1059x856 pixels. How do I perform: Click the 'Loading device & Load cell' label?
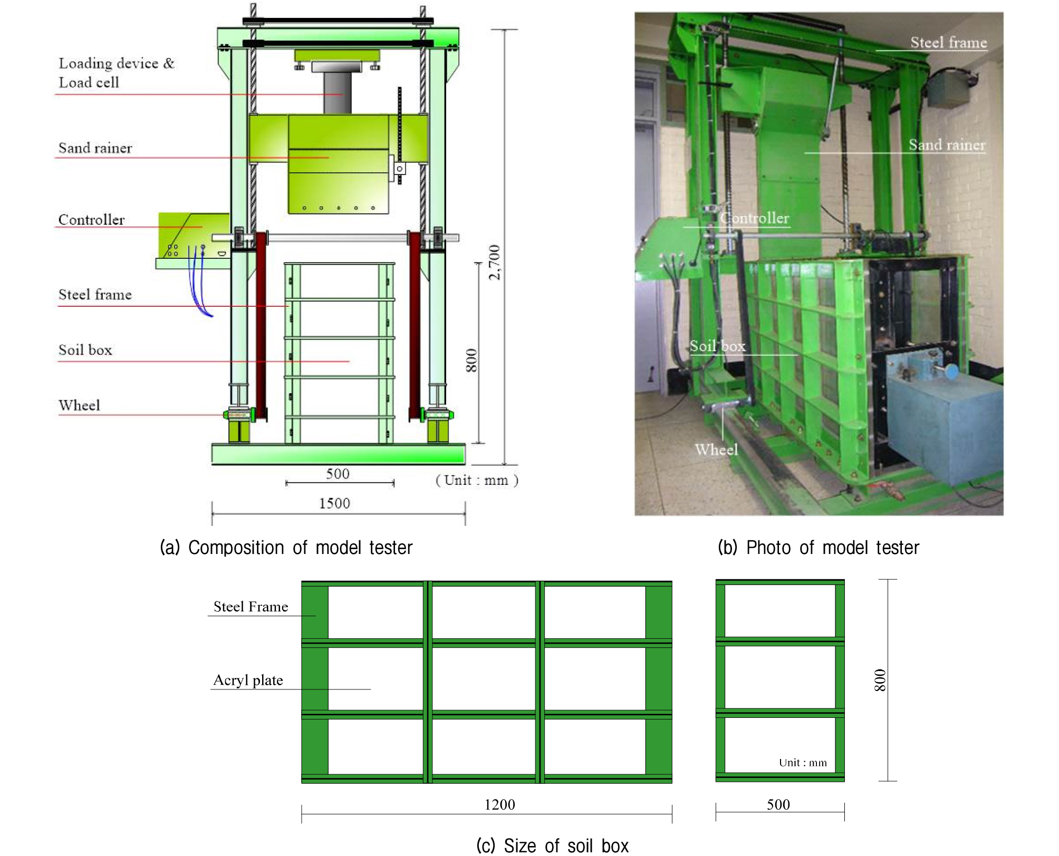[x=116, y=73]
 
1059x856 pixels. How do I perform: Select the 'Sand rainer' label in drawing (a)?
[x=95, y=148]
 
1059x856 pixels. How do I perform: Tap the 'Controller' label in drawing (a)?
[x=91, y=219]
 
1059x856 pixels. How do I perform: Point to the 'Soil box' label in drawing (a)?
[x=85, y=350]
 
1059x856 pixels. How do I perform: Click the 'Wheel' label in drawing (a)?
[x=79, y=405]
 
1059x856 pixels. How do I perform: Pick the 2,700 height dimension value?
[x=494, y=262]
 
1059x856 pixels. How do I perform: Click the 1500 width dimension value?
[x=334, y=503]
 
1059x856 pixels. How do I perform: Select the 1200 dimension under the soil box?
[x=499, y=804]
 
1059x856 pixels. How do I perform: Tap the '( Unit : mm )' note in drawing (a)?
[x=477, y=480]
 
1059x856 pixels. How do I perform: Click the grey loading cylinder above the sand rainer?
[x=338, y=93]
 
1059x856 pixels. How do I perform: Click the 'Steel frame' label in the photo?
[x=948, y=42]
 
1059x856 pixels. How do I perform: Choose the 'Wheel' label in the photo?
[x=716, y=450]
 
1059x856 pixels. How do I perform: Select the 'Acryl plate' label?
[x=248, y=680]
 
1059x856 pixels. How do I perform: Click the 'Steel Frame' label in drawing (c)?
[x=251, y=607]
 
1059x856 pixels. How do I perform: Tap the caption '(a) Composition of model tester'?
[x=286, y=548]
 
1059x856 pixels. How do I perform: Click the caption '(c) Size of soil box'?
[x=552, y=845]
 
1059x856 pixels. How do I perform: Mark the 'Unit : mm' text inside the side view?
[x=803, y=763]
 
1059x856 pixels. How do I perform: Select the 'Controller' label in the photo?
[x=755, y=218]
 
